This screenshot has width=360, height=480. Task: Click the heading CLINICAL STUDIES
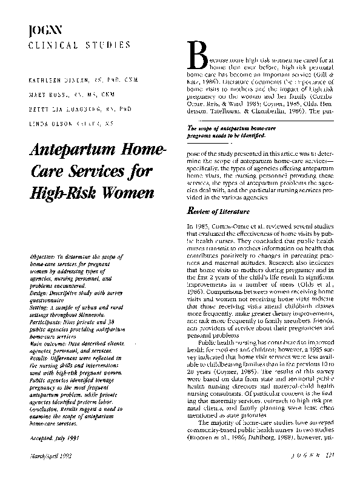[79, 45]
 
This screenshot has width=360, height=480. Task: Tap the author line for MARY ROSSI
[51, 95]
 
